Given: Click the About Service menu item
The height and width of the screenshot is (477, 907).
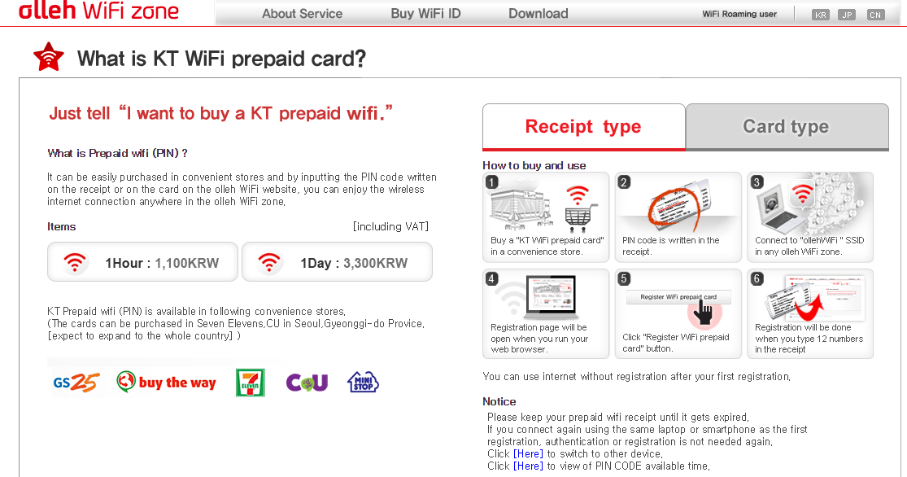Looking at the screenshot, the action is click(302, 13).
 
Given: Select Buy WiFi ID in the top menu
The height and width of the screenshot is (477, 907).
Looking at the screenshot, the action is click(425, 13).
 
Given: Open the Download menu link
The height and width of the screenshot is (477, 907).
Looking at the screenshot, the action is click(538, 13).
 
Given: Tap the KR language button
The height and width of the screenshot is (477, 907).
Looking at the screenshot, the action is click(820, 15).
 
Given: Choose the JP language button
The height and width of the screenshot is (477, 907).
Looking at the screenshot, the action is click(847, 15).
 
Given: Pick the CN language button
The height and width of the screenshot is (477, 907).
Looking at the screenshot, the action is click(875, 15).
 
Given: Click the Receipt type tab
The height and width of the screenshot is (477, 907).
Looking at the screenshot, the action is click(583, 127).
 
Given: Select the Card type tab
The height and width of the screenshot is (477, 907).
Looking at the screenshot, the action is click(787, 127).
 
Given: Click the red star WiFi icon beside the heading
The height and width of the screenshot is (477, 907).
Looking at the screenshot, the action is click(49, 57).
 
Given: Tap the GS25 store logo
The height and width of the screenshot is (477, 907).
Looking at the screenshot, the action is click(76, 382).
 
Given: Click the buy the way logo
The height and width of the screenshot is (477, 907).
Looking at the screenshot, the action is click(166, 382).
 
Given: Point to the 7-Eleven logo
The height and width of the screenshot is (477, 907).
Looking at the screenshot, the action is click(251, 383).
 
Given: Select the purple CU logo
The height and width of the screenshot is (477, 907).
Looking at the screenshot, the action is click(307, 382).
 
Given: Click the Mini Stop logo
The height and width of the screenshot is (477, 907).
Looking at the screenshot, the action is click(363, 382).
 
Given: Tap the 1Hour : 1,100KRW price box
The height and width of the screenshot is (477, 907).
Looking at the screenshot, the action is click(143, 262).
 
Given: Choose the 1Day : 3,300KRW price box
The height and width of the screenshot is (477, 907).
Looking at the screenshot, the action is click(337, 262).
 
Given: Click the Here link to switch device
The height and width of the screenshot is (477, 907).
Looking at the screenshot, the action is click(528, 454).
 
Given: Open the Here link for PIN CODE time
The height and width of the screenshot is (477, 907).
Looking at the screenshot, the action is click(528, 466).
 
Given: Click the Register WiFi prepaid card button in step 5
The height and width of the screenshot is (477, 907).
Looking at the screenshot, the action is click(678, 297).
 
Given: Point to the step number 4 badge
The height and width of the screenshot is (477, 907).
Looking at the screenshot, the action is click(491, 279).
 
